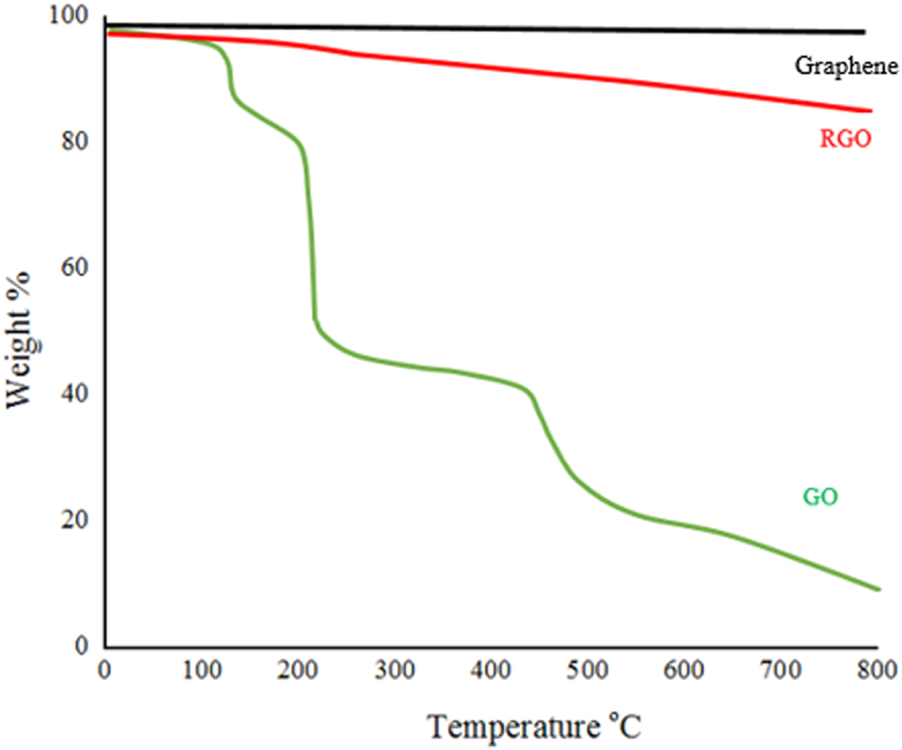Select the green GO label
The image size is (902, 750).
point(820,497)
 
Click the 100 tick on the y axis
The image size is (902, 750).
point(73,17)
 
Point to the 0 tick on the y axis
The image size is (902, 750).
point(83,646)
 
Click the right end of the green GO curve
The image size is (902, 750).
point(878,589)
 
